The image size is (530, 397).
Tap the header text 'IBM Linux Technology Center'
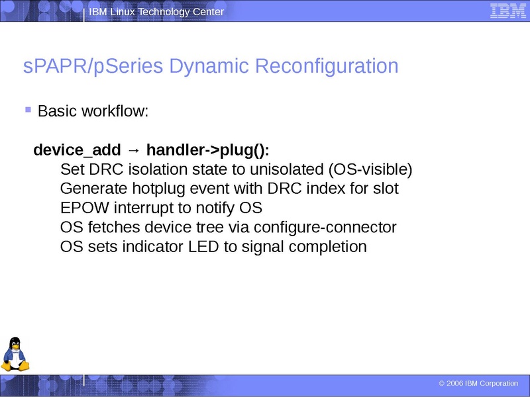pos(156,12)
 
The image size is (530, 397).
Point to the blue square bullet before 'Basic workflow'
pos(28,109)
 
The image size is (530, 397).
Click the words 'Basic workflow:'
pos(93,111)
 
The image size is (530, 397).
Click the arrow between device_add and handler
pos(133,150)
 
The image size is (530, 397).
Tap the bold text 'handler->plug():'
pos(208,149)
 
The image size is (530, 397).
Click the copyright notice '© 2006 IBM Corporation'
pos(478,384)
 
